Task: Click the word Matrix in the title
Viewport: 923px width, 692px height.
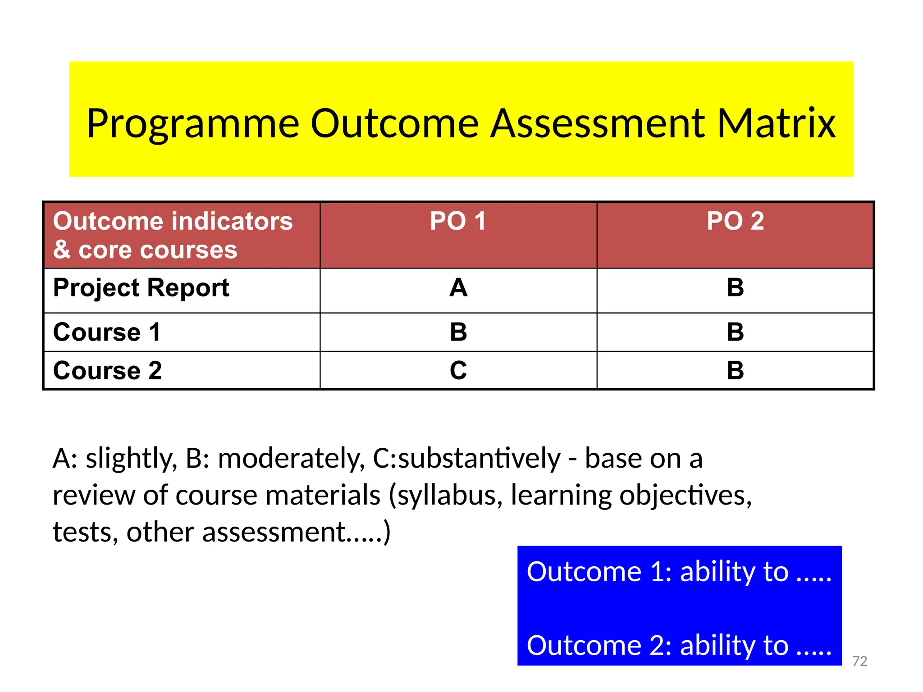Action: point(776,123)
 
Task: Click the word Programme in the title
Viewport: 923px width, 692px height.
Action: point(193,124)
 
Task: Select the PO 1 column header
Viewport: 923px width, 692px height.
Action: point(458,221)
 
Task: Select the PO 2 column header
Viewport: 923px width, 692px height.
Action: point(735,221)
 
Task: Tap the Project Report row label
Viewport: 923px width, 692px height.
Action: point(141,288)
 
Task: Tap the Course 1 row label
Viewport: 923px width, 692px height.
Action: point(107,332)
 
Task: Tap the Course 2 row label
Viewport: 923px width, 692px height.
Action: point(107,371)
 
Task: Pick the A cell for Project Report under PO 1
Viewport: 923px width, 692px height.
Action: point(458,288)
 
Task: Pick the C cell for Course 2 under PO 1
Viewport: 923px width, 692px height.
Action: point(458,371)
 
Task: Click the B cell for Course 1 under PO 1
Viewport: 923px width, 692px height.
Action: point(458,332)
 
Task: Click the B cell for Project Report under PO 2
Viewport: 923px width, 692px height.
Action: point(735,288)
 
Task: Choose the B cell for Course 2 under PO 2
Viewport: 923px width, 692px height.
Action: point(735,371)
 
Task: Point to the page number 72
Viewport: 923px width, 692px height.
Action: point(859,661)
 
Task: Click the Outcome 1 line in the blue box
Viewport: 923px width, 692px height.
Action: point(679,572)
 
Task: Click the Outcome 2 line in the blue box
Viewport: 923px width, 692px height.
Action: point(679,646)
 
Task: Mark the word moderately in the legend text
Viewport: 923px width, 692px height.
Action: point(291,459)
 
